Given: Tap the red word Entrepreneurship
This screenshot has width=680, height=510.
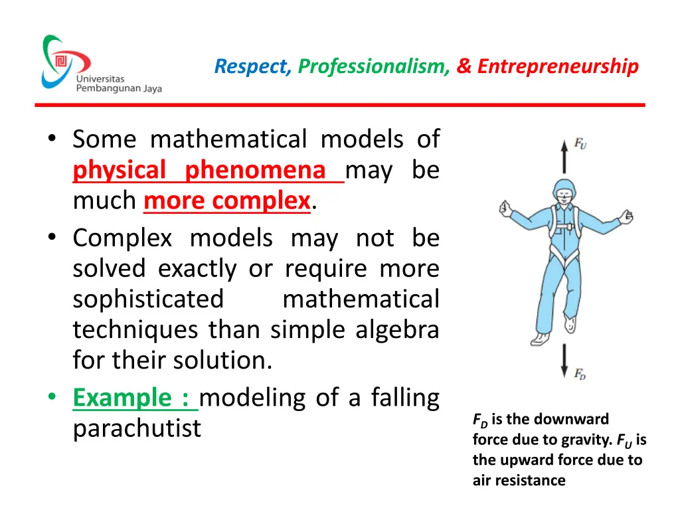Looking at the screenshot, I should pos(558,66).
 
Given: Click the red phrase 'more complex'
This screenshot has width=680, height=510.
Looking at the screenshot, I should pos(227,201).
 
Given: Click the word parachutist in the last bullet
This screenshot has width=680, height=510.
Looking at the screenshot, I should pos(137,429).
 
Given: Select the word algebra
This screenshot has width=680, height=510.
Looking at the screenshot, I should pos(402,329).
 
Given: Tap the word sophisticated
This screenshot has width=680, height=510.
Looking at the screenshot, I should pos(149,299).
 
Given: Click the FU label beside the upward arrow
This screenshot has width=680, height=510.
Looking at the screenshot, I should pos(580,143).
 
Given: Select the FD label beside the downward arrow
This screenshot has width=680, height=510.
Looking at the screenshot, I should pos(580,374).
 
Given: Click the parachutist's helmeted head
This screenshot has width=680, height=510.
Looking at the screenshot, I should pos(564,193).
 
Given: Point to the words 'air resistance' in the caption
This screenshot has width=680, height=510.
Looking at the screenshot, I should pos(519,480).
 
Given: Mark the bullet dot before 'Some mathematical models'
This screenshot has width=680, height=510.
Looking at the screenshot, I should pos(52,140).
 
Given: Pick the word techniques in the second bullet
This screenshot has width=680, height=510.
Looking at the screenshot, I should pos(137,329).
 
